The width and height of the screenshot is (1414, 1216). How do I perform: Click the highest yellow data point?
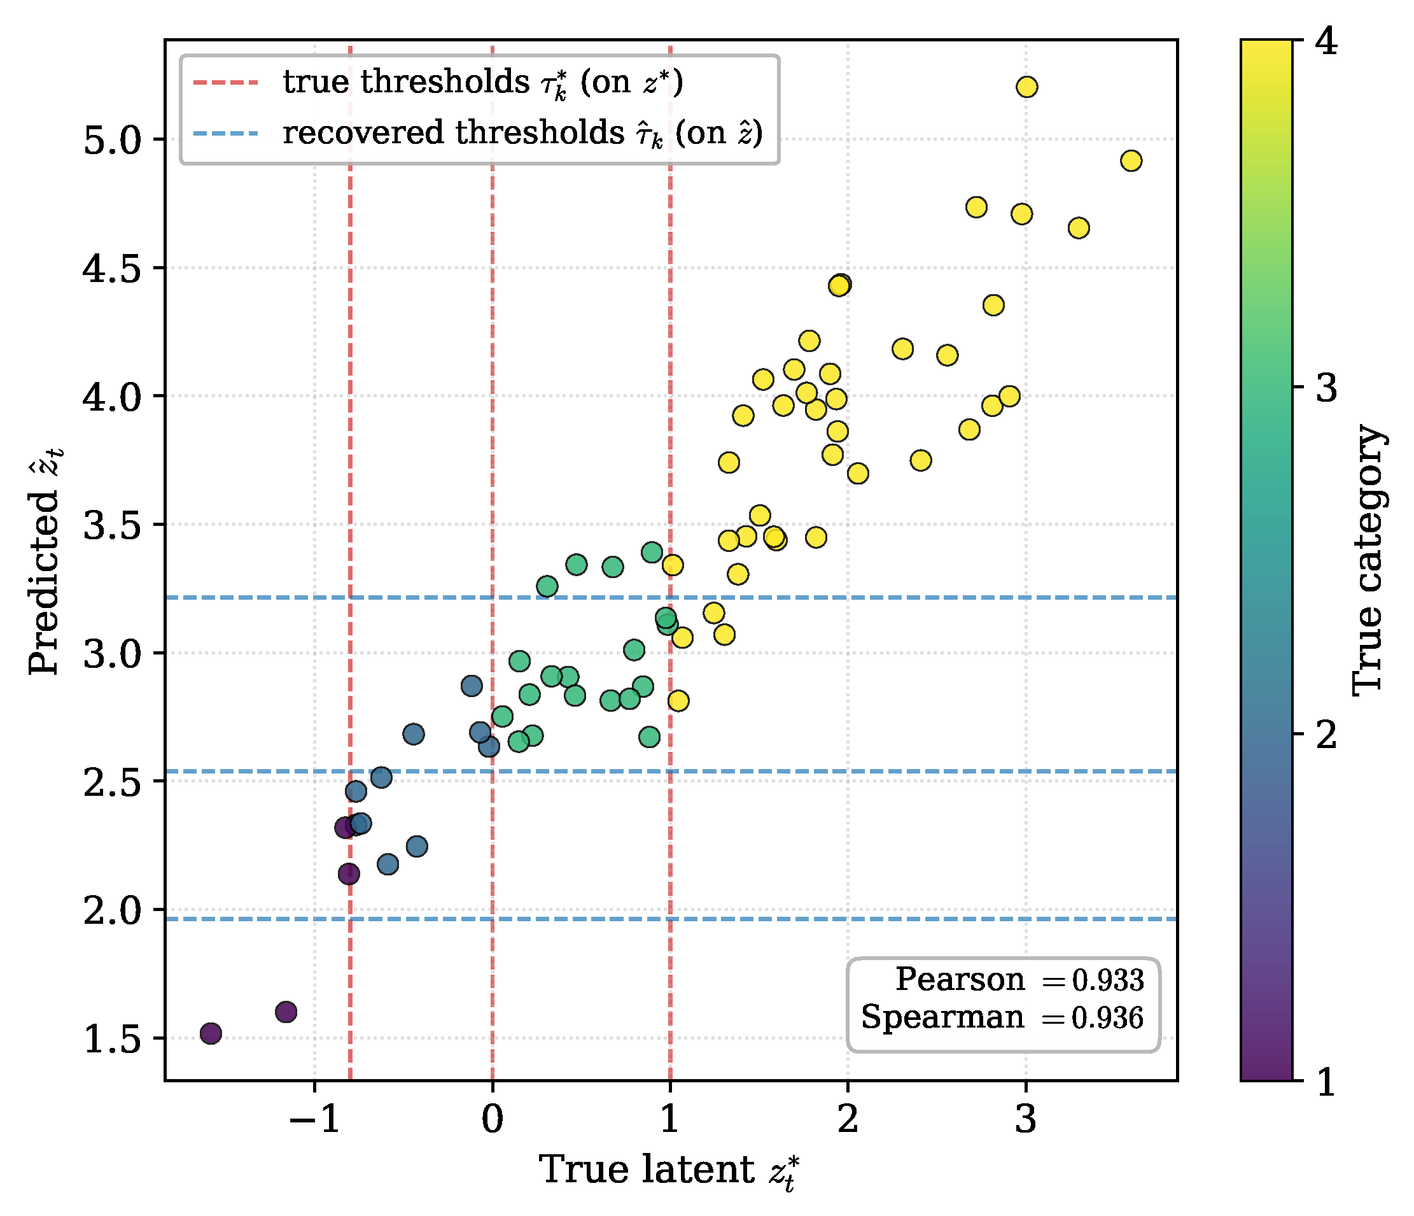(1026, 87)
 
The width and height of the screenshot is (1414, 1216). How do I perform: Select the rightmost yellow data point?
(1131, 161)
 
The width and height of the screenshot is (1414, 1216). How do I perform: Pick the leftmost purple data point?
(211, 1033)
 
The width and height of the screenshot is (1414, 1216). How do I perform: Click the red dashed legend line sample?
(226, 83)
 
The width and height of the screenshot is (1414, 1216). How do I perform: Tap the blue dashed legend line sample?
(226, 133)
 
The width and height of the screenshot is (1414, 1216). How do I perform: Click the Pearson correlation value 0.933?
(1107, 980)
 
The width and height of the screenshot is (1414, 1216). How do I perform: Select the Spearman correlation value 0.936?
(1107, 1017)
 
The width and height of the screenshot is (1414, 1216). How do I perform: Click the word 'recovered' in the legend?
(364, 133)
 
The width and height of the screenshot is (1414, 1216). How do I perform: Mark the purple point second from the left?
(286, 1012)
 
